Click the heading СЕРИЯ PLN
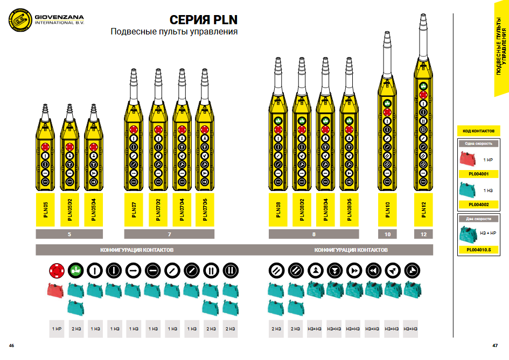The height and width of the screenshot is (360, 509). click(x=204, y=20)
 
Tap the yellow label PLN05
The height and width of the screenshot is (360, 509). click(x=46, y=210)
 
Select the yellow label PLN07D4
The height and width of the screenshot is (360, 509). click(x=182, y=210)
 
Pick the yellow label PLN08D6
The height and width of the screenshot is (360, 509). click(x=349, y=210)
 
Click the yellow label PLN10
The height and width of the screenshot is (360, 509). click(x=388, y=210)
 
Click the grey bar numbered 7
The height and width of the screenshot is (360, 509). click(x=169, y=234)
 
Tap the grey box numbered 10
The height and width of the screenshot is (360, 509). click(x=388, y=234)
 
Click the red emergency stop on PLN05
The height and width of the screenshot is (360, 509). click(x=46, y=146)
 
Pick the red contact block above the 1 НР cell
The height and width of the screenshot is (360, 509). click(x=56, y=291)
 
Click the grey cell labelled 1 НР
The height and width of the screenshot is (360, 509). click(x=56, y=328)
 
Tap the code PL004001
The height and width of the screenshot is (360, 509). click(x=478, y=174)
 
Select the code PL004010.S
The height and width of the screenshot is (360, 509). click(x=478, y=250)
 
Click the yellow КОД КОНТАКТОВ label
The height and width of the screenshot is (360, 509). click(x=478, y=131)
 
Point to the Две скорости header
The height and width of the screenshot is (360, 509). click(x=478, y=219)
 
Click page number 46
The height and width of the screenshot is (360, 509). click(x=11, y=345)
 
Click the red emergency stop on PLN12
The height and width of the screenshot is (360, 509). click(x=424, y=95)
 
